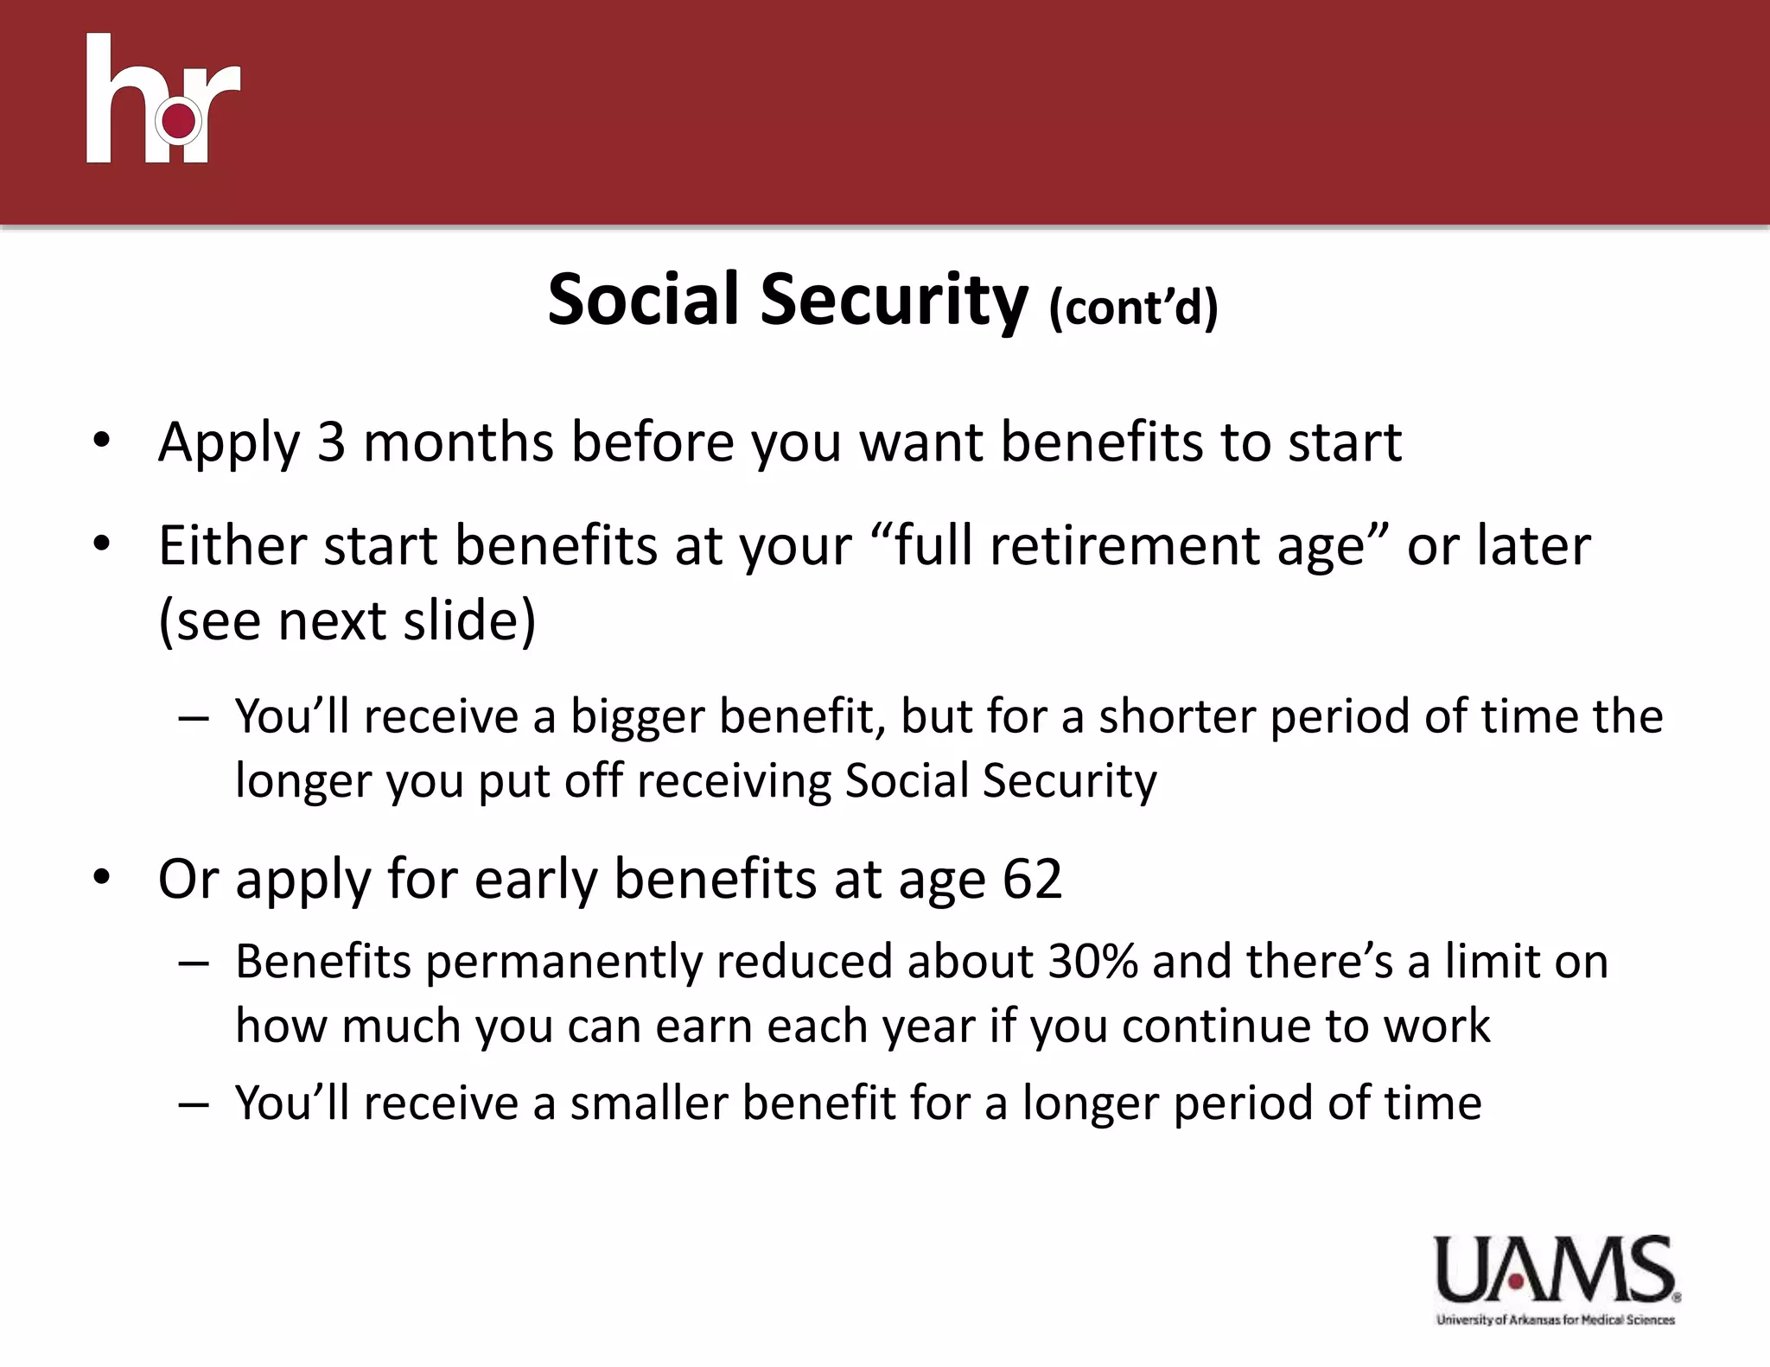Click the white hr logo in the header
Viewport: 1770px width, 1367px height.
pyautogui.click(x=162, y=99)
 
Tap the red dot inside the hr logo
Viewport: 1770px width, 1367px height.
pyautogui.click(x=179, y=121)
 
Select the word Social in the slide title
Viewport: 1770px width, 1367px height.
pyautogui.click(x=644, y=300)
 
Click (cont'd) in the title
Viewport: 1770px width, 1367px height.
pyautogui.click(x=1133, y=308)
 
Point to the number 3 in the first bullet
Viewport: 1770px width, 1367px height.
pyautogui.click(x=331, y=442)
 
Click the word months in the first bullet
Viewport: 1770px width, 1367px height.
pyautogui.click(x=458, y=442)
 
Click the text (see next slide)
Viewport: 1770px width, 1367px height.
pyautogui.click(x=347, y=620)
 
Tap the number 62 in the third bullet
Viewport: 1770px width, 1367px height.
pyautogui.click(x=1032, y=879)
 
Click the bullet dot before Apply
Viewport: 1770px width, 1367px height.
pyautogui.click(x=102, y=441)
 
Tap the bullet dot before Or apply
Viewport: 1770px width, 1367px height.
pyautogui.click(x=102, y=878)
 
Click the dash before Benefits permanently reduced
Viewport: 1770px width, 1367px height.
pyautogui.click(x=194, y=963)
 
